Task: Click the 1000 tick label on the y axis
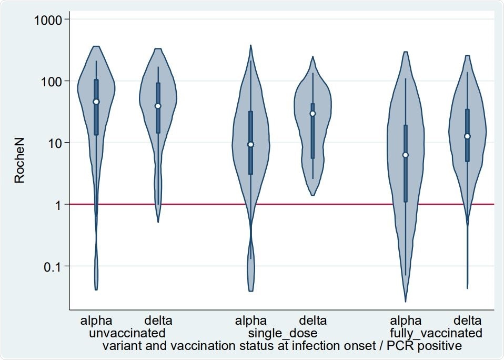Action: click(49, 20)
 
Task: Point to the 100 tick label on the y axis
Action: click(52, 82)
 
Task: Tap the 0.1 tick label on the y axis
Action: click(53, 266)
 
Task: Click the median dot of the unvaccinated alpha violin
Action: click(96, 102)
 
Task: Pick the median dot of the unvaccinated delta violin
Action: click(158, 106)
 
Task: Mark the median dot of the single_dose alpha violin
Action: click(251, 144)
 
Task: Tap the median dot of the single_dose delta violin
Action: click(313, 114)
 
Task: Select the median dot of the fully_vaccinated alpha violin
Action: click(406, 155)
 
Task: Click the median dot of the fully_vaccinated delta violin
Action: click(467, 136)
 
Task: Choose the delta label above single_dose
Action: click(313, 321)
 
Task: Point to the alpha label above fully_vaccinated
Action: click(406, 321)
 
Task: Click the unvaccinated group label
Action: click(127, 333)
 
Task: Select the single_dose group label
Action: click(283, 333)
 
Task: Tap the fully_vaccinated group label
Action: click(436, 333)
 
